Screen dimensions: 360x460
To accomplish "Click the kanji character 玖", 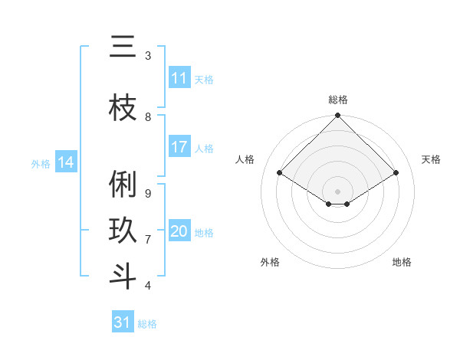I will pos(123,231).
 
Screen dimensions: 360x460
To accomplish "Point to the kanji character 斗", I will pos(123,277).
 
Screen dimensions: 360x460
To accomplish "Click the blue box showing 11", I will pos(179,78).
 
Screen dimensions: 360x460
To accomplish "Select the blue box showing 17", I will pos(179,147).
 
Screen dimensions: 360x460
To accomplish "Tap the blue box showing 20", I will pos(179,231).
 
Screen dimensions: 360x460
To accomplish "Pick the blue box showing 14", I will pos(66,162).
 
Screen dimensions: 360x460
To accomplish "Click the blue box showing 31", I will pos(123,322).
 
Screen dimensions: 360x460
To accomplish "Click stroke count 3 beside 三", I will pos(148,56).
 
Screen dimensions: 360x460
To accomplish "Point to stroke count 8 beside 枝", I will pos(148,117).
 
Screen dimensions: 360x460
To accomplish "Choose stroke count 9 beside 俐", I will pos(148,193).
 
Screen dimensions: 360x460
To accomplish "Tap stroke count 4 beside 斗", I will pos(148,286).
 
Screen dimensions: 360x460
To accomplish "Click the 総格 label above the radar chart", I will pos(338,100).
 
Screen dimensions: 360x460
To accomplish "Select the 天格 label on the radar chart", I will pos(431,159).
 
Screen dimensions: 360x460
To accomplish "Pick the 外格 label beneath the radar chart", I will pos(270,262).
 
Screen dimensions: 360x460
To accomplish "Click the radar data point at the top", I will pos(337,116).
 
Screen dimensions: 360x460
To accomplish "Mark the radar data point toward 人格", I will pos(280,173).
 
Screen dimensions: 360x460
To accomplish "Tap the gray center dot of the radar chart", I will pos(337,191).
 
